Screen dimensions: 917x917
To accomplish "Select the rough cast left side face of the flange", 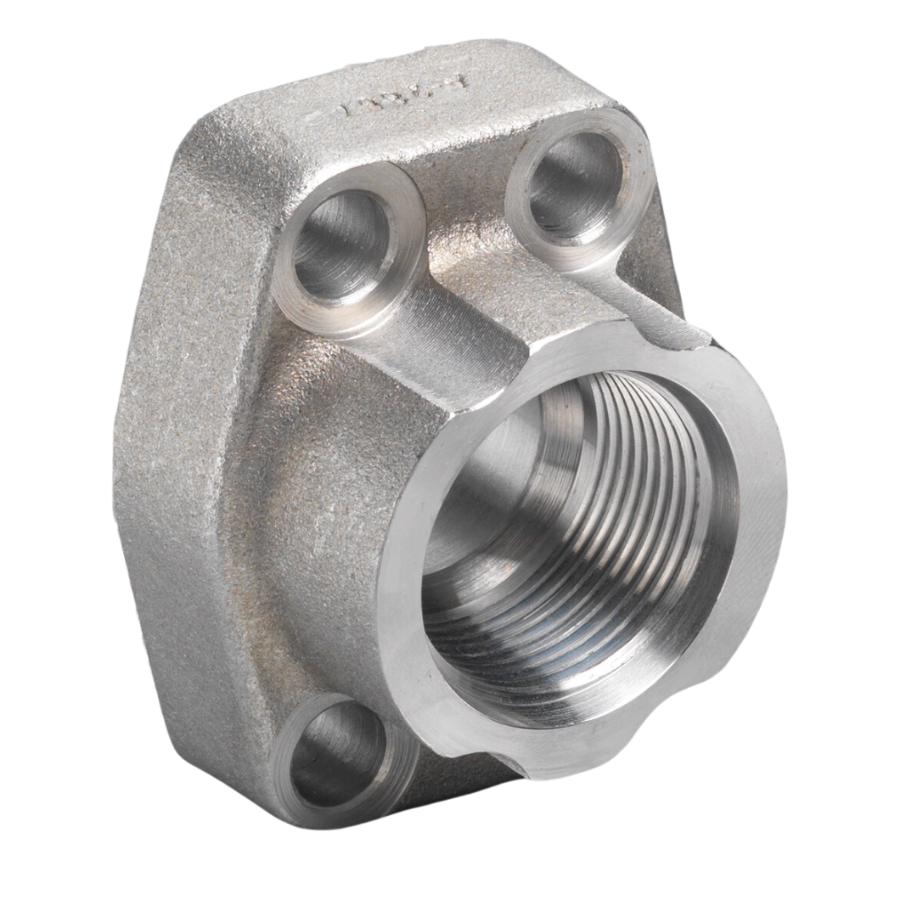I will (195, 425).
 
